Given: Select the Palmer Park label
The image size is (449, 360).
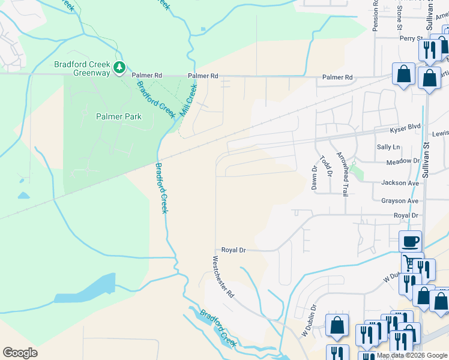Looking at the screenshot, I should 119,116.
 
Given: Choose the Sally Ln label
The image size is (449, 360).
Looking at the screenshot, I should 388,147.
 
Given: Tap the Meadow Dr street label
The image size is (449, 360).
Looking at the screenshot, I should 403,161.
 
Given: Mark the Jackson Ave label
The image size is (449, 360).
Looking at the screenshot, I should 400,183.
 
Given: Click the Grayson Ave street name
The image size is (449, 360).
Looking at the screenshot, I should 399,201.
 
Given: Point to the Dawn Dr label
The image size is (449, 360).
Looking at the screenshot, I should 313,178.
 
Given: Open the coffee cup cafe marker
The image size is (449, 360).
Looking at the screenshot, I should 411,242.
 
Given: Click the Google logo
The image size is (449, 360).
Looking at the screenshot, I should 20,353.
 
